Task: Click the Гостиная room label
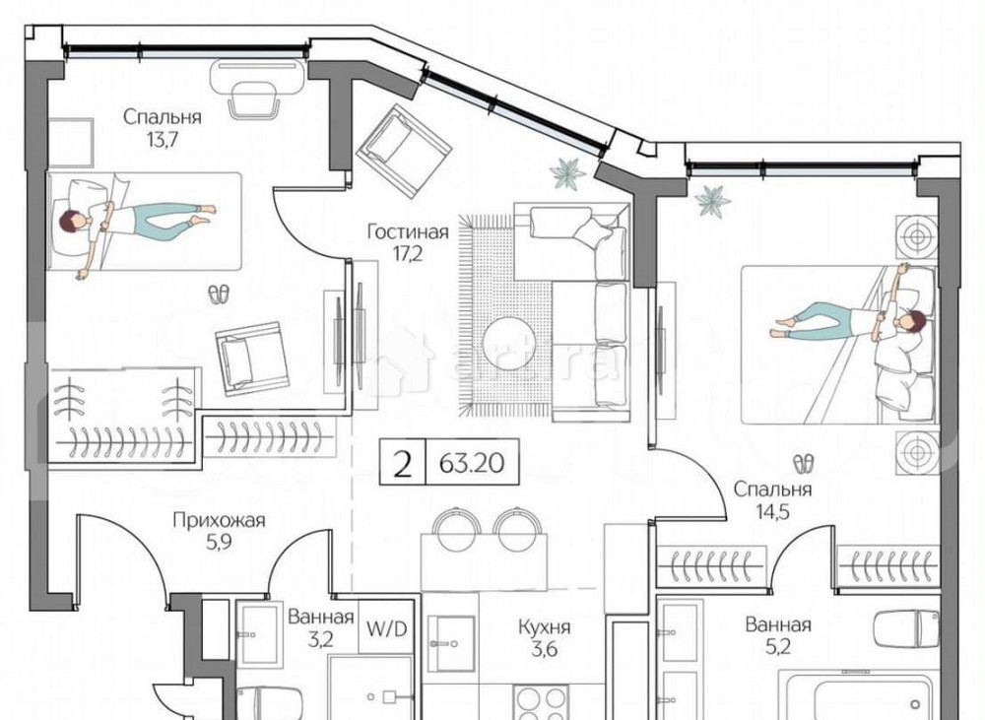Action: pyautogui.click(x=408, y=233)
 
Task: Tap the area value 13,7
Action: pyautogui.click(x=163, y=139)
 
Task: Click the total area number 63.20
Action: pyautogui.click(x=471, y=464)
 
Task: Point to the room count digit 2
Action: pyautogui.click(x=402, y=464)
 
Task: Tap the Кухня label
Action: pyautogui.click(x=546, y=626)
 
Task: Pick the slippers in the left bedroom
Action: pyautogui.click(x=219, y=293)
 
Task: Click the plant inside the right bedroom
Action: pyautogui.click(x=712, y=201)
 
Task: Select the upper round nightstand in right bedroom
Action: pyautogui.click(x=915, y=236)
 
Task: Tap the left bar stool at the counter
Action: pyautogui.click(x=454, y=529)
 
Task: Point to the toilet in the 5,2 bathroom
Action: pyautogui.click(x=907, y=628)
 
